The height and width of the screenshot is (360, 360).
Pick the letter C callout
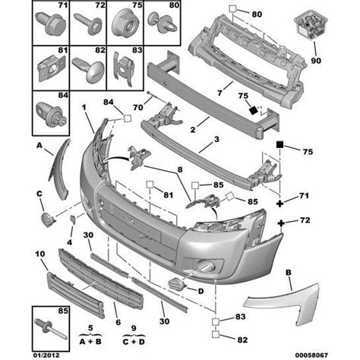coord(40,193)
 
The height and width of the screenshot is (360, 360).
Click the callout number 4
coord(70,242)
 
